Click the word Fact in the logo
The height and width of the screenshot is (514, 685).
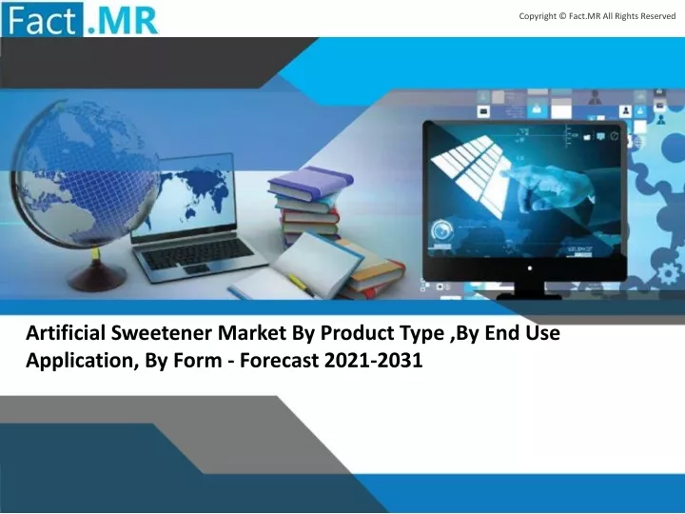pyautogui.click(x=42, y=20)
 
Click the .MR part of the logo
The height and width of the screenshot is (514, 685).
pyautogui.click(x=122, y=20)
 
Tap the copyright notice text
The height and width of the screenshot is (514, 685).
pyautogui.click(x=597, y=16)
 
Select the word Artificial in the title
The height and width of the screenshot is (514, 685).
pyautogui.click(x=66, y=333)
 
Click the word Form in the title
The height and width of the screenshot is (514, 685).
pyautogui.click(x=198, y=361)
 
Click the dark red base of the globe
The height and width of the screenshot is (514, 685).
pyautogui.click(x=96, y=277)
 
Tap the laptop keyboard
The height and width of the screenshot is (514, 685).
pyautogui.click(x=197, y=253)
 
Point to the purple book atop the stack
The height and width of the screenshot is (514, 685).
pyautogui.click(x=310, y=180)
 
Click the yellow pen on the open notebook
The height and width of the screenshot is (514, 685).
pyautogui.click(x=301, y=285)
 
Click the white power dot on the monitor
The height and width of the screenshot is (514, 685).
pyautogui.click(x=530, y=267)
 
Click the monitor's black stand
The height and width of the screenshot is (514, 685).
pyautogui.click(x=530, y=291)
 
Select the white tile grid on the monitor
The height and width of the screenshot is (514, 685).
pyautogui.click(x=471, y=175)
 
